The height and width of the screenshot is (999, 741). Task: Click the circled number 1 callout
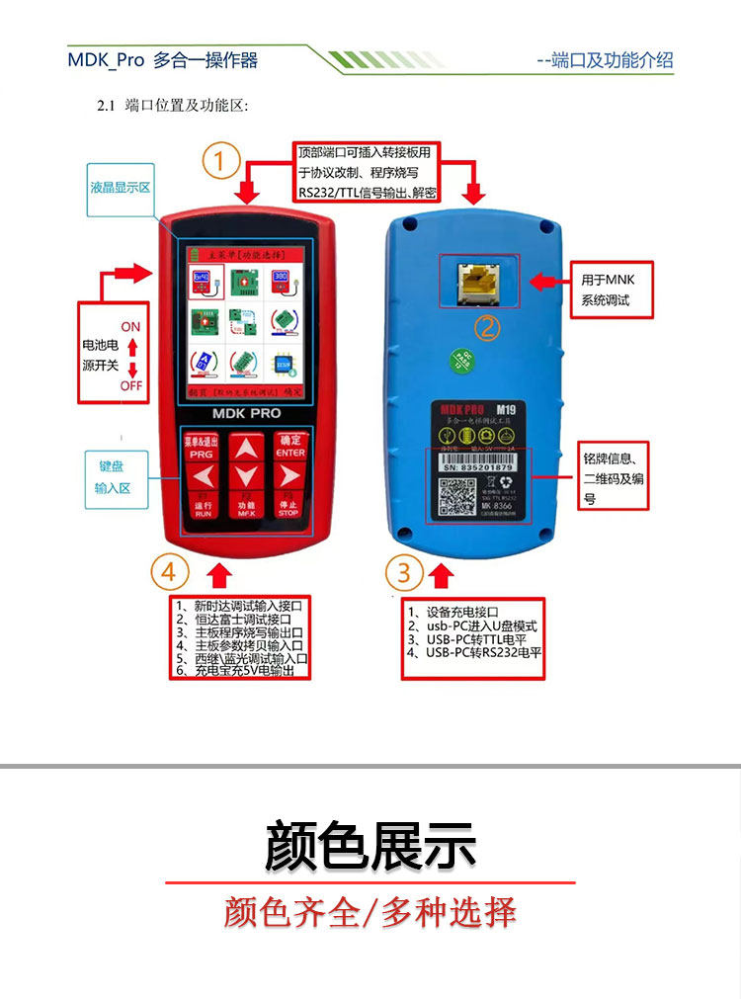click(x=221, y=160)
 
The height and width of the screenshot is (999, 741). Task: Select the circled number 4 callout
click(x=170, y=571)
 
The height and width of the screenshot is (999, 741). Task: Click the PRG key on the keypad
click(x=202, y=447)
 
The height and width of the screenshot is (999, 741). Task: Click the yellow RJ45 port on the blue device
click(x=476, y=282)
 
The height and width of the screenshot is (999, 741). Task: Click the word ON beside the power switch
click(x=130, y=327)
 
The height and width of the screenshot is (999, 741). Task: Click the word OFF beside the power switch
click(x=131, y=385)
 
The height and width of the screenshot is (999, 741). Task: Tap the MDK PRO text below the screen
click(x=247, y=413)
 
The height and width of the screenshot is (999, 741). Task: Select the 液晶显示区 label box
click(x=121, y=187)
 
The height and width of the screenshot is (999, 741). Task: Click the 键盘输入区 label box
click(x=117, y=478)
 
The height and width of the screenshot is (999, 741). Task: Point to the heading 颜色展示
click(x=370, y=846)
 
